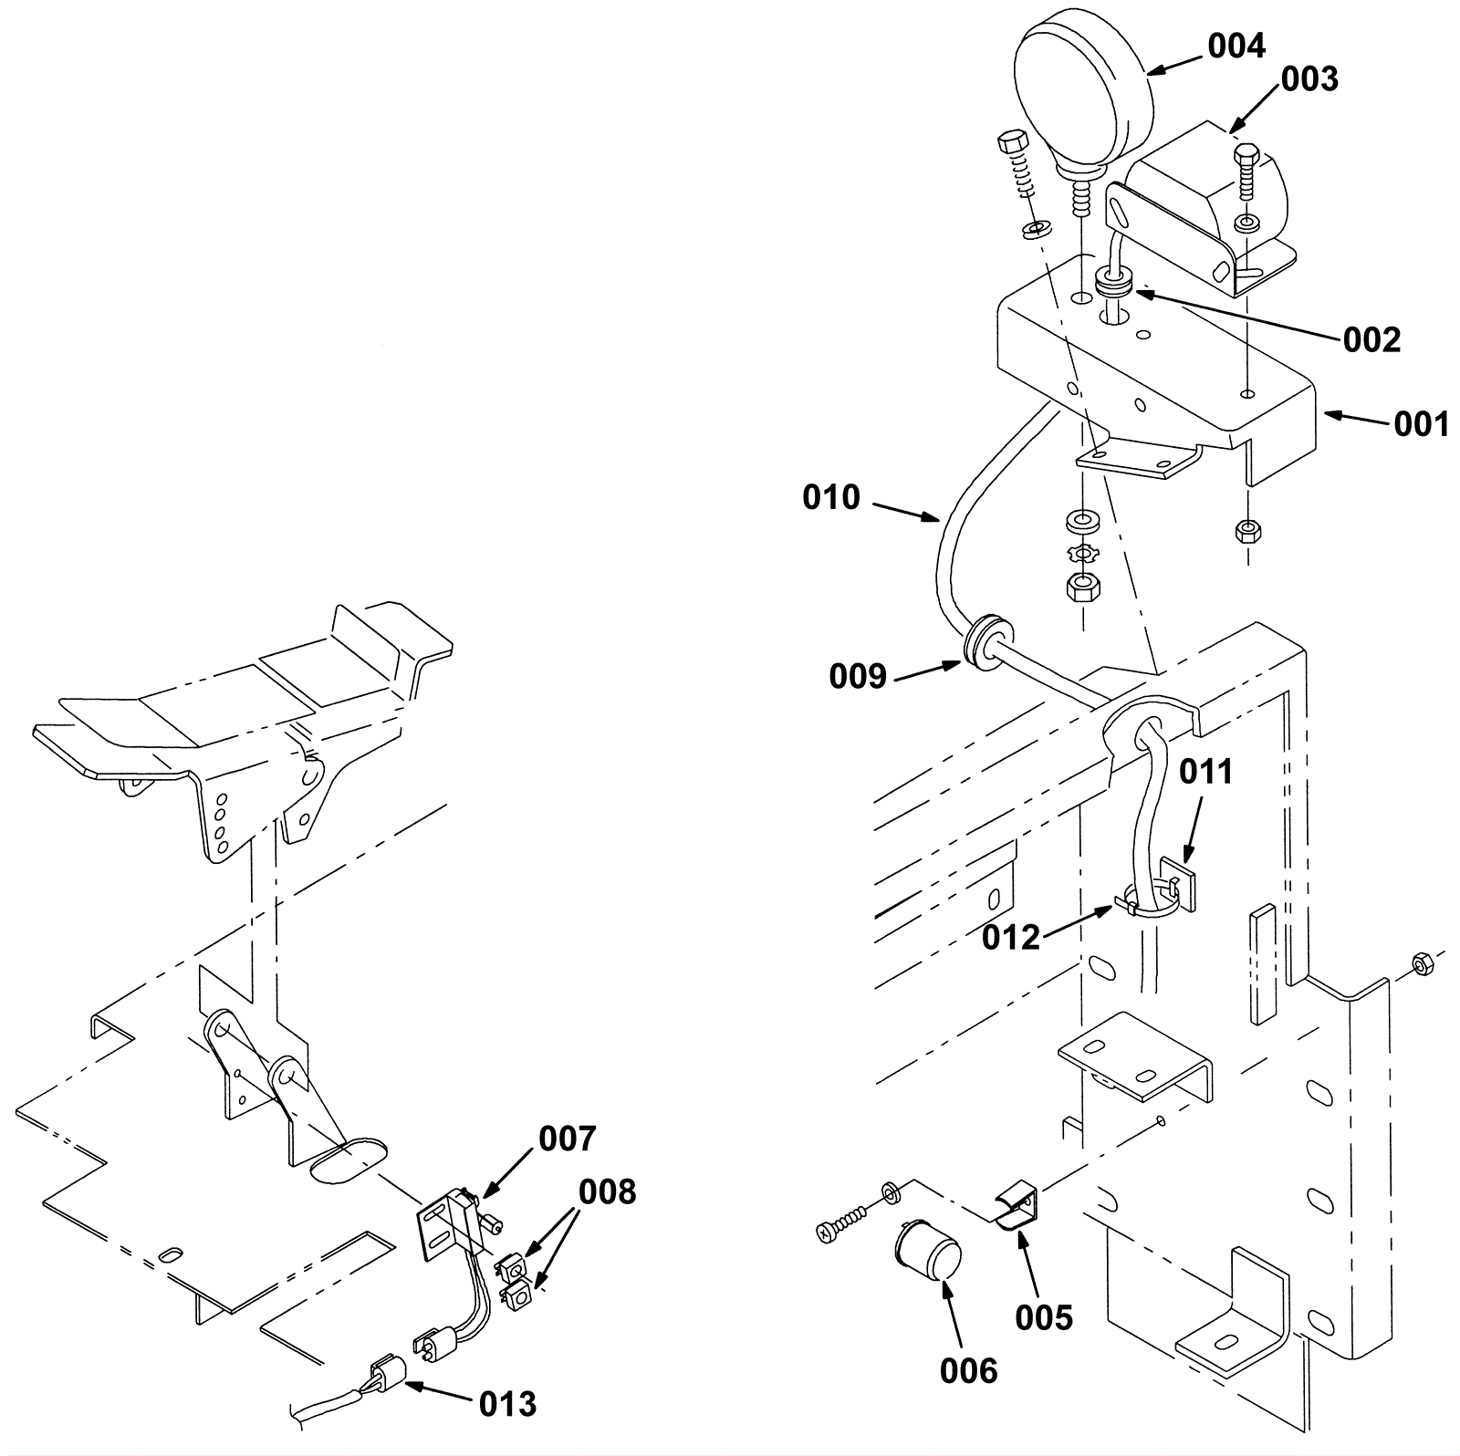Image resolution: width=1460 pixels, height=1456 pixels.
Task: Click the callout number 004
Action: [x=1236, y=46]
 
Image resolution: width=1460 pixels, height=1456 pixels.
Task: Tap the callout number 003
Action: [x=1309, y=79]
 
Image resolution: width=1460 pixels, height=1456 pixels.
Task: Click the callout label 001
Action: [x=1421, y=424]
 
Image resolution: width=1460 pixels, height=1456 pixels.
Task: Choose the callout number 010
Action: [x=831, y=497]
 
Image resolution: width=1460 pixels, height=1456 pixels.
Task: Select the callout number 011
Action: [x=1205, y=772]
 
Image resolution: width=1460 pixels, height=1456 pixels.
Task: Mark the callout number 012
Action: [x=1011, y=937]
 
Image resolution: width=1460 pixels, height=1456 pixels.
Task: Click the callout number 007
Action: [x=567, y=1139]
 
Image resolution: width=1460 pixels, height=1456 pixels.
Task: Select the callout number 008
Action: [x=607, y=1191]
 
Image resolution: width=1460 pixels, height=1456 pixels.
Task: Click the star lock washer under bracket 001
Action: [x=1084, y=553]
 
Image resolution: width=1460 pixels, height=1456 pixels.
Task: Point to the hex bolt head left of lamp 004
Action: [x=1011, y=144]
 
